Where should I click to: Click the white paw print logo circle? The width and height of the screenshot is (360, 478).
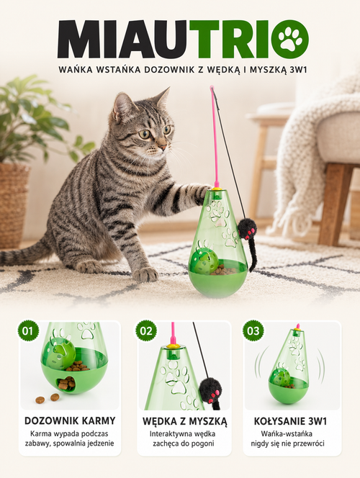point(290,39)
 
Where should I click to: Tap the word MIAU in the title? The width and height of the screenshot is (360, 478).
point(123,39)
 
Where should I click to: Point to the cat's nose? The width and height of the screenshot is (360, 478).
point(163,147)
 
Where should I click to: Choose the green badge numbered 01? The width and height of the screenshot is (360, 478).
point(28,330)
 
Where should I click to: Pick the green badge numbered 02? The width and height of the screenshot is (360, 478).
point(146,330)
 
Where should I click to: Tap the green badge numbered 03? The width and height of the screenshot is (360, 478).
point(253,330)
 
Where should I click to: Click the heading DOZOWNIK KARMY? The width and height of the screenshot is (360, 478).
point(70,420)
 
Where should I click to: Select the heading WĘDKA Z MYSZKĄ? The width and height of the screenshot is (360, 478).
point(185,421)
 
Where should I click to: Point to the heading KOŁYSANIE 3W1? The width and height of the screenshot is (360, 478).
point(290,421)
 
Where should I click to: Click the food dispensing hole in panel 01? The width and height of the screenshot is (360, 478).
point(66,383)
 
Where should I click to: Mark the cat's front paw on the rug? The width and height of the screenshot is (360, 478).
point(145,274)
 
